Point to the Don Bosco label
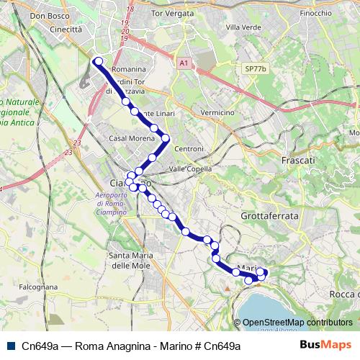48,15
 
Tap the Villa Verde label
241,27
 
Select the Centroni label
189,148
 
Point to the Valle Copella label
189,168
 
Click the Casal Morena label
128,138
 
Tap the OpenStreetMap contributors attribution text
297,323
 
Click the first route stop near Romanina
97,61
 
